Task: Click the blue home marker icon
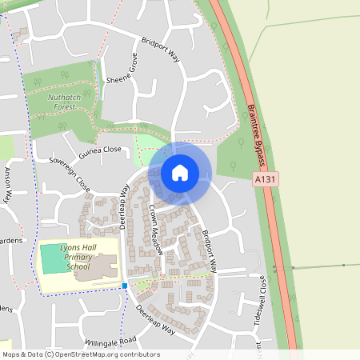click(180, 172)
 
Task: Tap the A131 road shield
click(266, 180)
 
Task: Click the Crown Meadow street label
click(157, 230)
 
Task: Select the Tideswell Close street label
click(259, 296)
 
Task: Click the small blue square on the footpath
click(125, 285)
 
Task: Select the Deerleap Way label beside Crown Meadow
click(125, 208)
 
